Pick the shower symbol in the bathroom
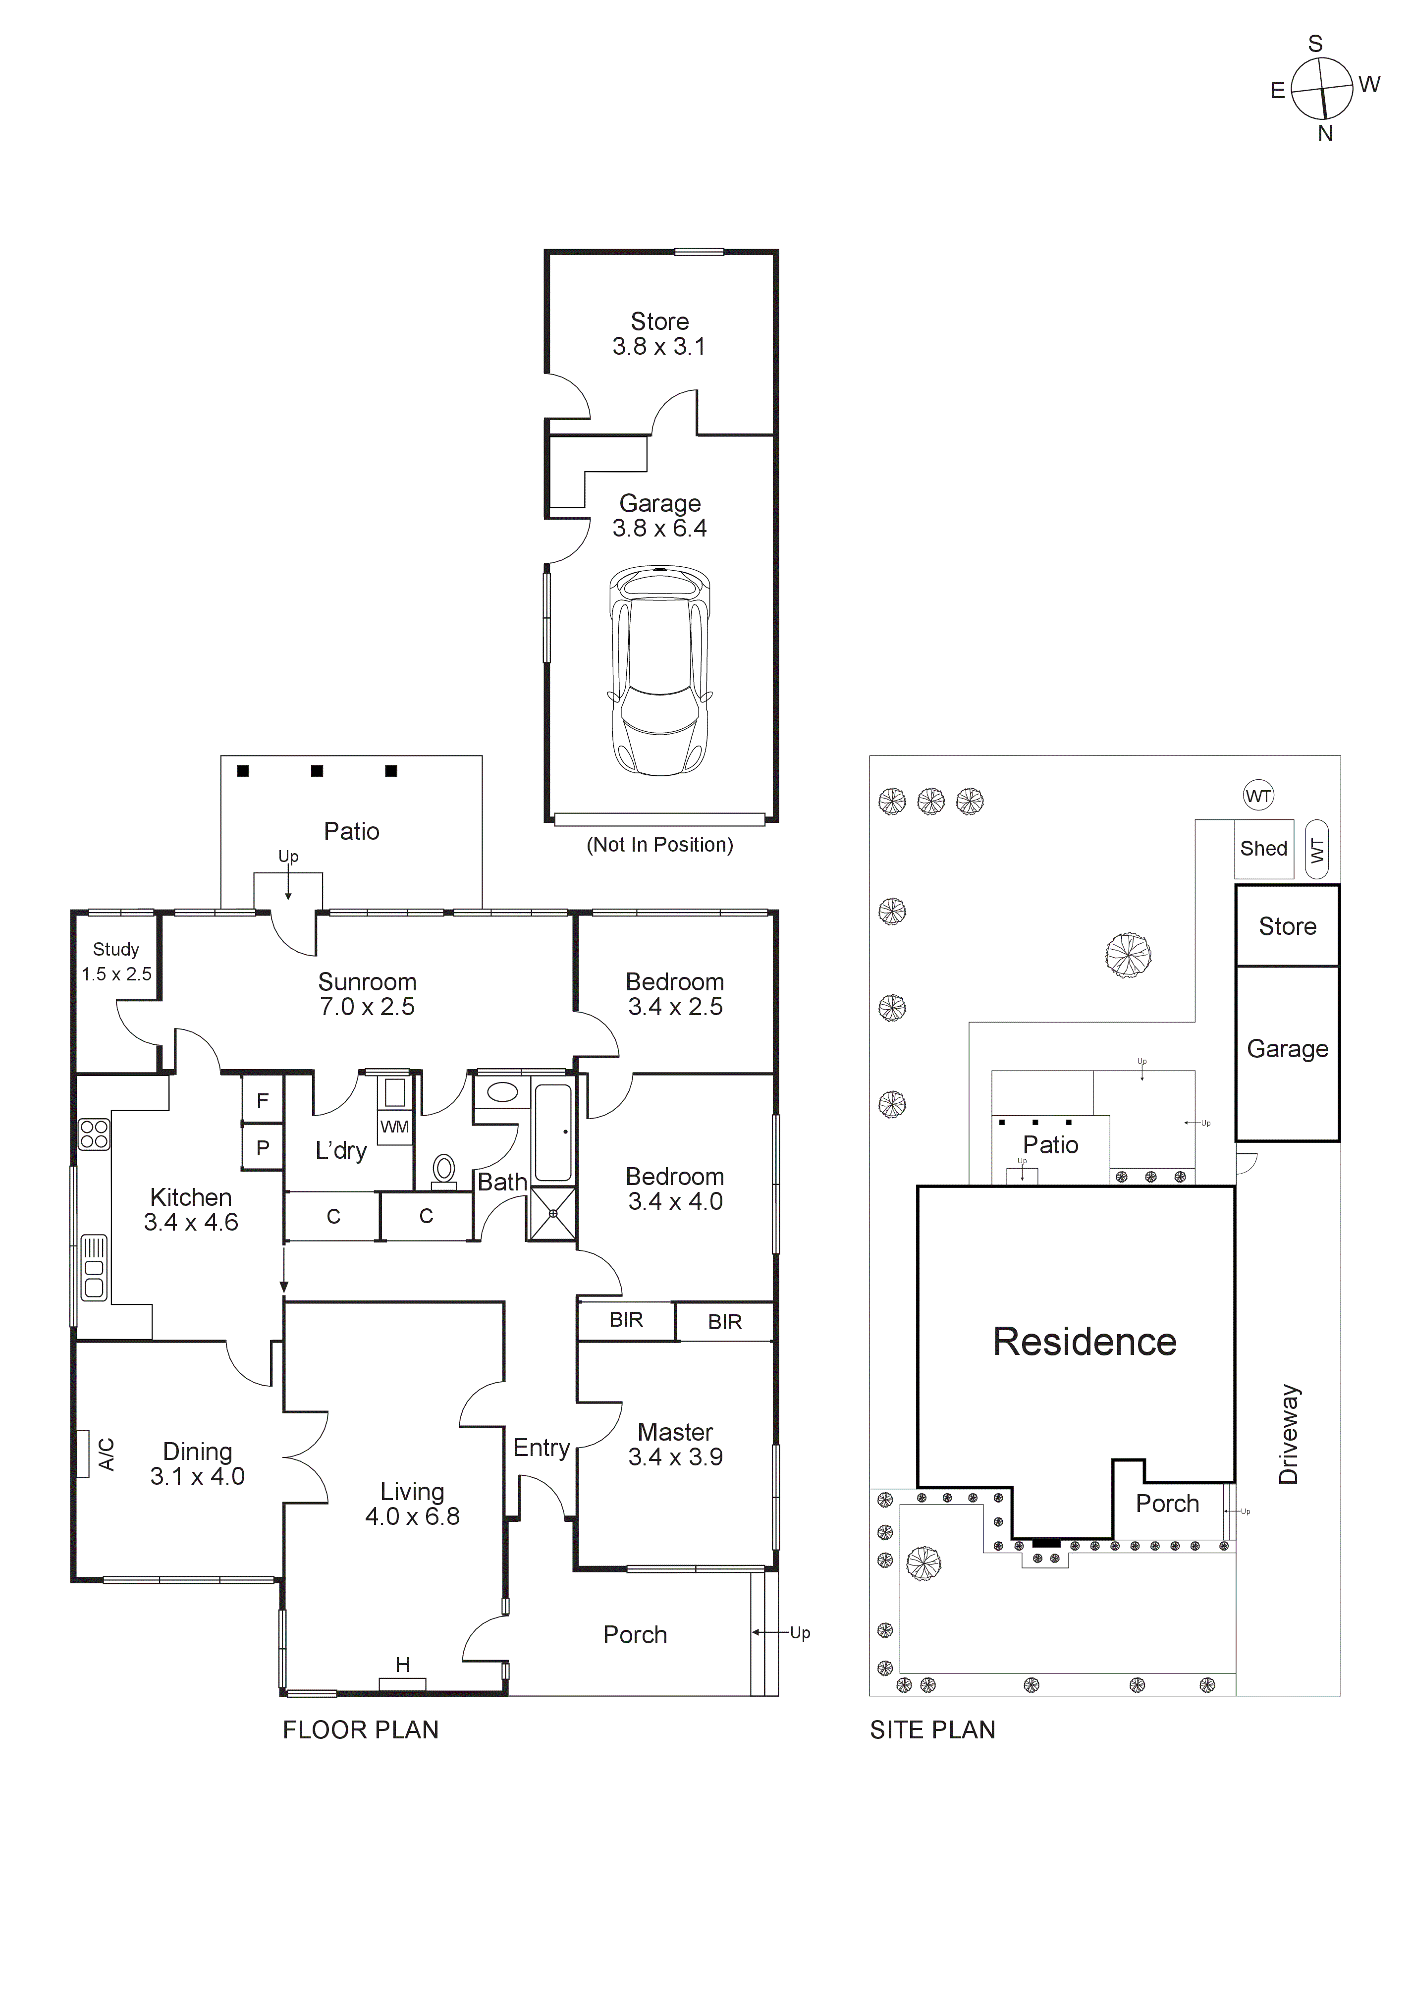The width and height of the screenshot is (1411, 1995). [x=552, y=1212]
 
